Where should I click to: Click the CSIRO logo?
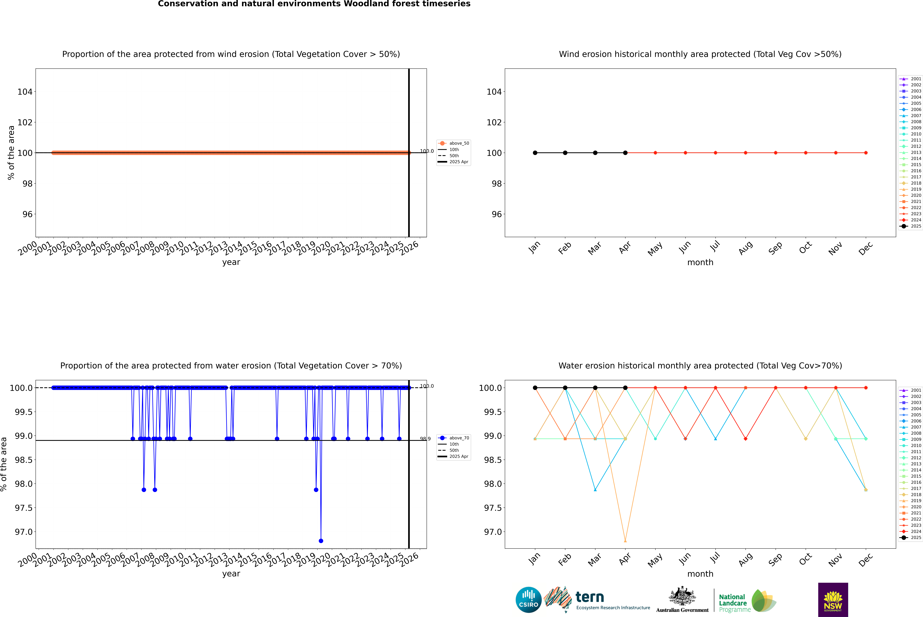[528, 600]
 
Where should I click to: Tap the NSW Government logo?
[833, 600]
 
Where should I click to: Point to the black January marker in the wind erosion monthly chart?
[535, 153]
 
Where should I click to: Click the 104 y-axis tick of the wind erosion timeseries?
[25, 92]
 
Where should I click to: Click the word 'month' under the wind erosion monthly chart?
[700, 263]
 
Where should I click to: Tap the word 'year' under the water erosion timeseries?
[231, 574]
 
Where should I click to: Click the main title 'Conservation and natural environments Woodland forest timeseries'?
[314, 4]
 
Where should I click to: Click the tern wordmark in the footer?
[589, 597]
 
